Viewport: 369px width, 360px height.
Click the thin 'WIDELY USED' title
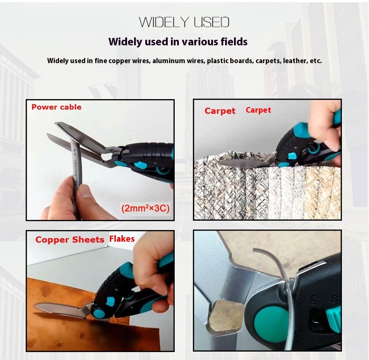pyautogui.click(x=184, y=22)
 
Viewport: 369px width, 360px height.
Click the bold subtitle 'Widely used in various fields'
pyautogui.click(x=178, y=42)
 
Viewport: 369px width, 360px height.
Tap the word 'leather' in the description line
pyautogui.click(x=295, y=61)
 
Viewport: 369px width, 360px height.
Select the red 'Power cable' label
pyautogui.click(x=57, y=107)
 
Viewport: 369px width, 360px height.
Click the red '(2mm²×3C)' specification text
pyautogui.click(x=145, y=208)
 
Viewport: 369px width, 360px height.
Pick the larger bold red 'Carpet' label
pyautogui.click(x=220, y=111)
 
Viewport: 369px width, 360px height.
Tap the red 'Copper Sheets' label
pyautogui.click(x=70, y=239)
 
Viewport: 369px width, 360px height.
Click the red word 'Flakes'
pyautogui.click(x=122, y=238)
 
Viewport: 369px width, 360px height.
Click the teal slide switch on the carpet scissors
pyautogui.click(x=292, y=156)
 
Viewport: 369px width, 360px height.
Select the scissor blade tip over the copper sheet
pyautogui.click(x=35, y=306)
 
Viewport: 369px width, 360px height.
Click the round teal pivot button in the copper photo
pyautogui.click(x=99, y=313)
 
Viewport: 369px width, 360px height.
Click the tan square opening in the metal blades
pyautogui.click(x=225, y=314)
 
